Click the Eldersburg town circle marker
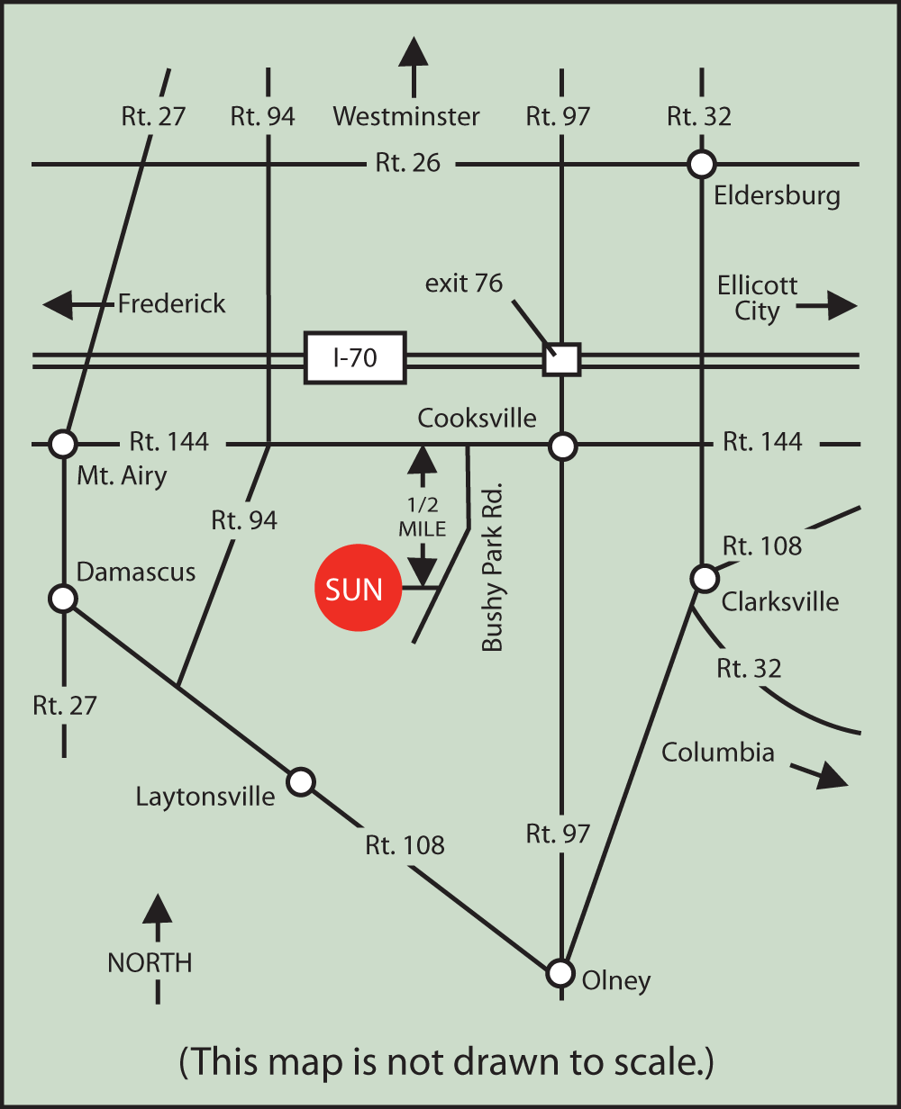pyautogui.click(x=701, y=164)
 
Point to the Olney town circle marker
pyautogui.click(x=561, y=972)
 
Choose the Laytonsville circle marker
pyautogui.click(x=301, y=781)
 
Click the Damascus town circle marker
pyautogui.click(x=63, y=598)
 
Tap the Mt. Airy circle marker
pyautogui.click(x=63, y=444)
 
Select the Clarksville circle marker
pyautogui.click(x=703, y=577)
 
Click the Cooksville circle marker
pyautogui.click(x=562, y=445)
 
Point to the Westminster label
pyautogui.click(x=405, y=116)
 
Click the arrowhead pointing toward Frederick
pyautogui.click(x=59, y=305)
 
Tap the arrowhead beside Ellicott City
pyautogui.click(x=842, y=306)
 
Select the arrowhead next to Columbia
pyautogui.click(x=833, y=777)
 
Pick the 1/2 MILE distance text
pyautogui.click(x=422, y=517)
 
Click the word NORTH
pyautogui.click(x=150, y=963)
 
